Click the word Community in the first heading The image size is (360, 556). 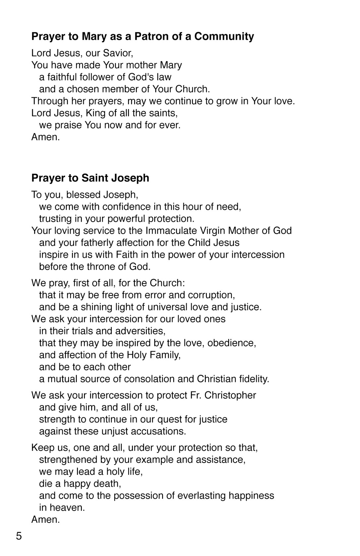[x=224, y=36]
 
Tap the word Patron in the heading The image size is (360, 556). [x=151, y=36]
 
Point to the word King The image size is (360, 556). [x=95, y=113]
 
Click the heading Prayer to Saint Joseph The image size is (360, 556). [x=90, y=178]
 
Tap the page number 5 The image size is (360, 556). [x=19, y=535]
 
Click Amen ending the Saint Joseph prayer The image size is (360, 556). [x=45, y=519]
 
